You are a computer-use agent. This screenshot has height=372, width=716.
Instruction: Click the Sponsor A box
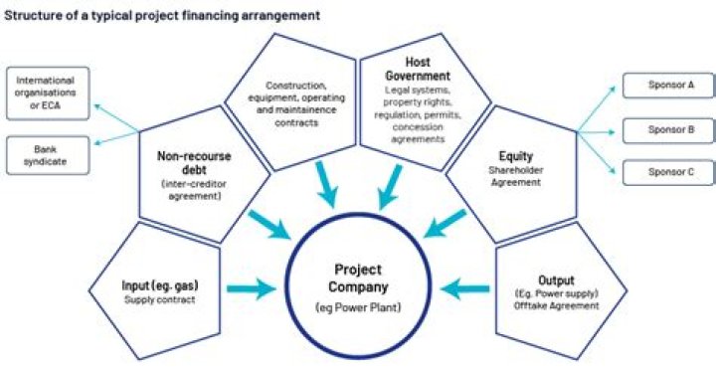[664, 86]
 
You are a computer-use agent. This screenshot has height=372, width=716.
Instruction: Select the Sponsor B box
[664, 128]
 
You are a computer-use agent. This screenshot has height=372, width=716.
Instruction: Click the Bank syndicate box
[47, 151]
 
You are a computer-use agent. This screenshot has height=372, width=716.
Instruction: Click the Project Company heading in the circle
[357, 278]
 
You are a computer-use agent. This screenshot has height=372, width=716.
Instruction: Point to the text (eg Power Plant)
[357, 306]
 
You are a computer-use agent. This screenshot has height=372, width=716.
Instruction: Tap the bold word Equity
[515, 155]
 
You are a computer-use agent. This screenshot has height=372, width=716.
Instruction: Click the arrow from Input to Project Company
[255, 289]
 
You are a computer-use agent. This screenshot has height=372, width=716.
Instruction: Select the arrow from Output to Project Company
[462, 289]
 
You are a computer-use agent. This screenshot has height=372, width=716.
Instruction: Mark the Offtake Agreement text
[557, 306]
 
